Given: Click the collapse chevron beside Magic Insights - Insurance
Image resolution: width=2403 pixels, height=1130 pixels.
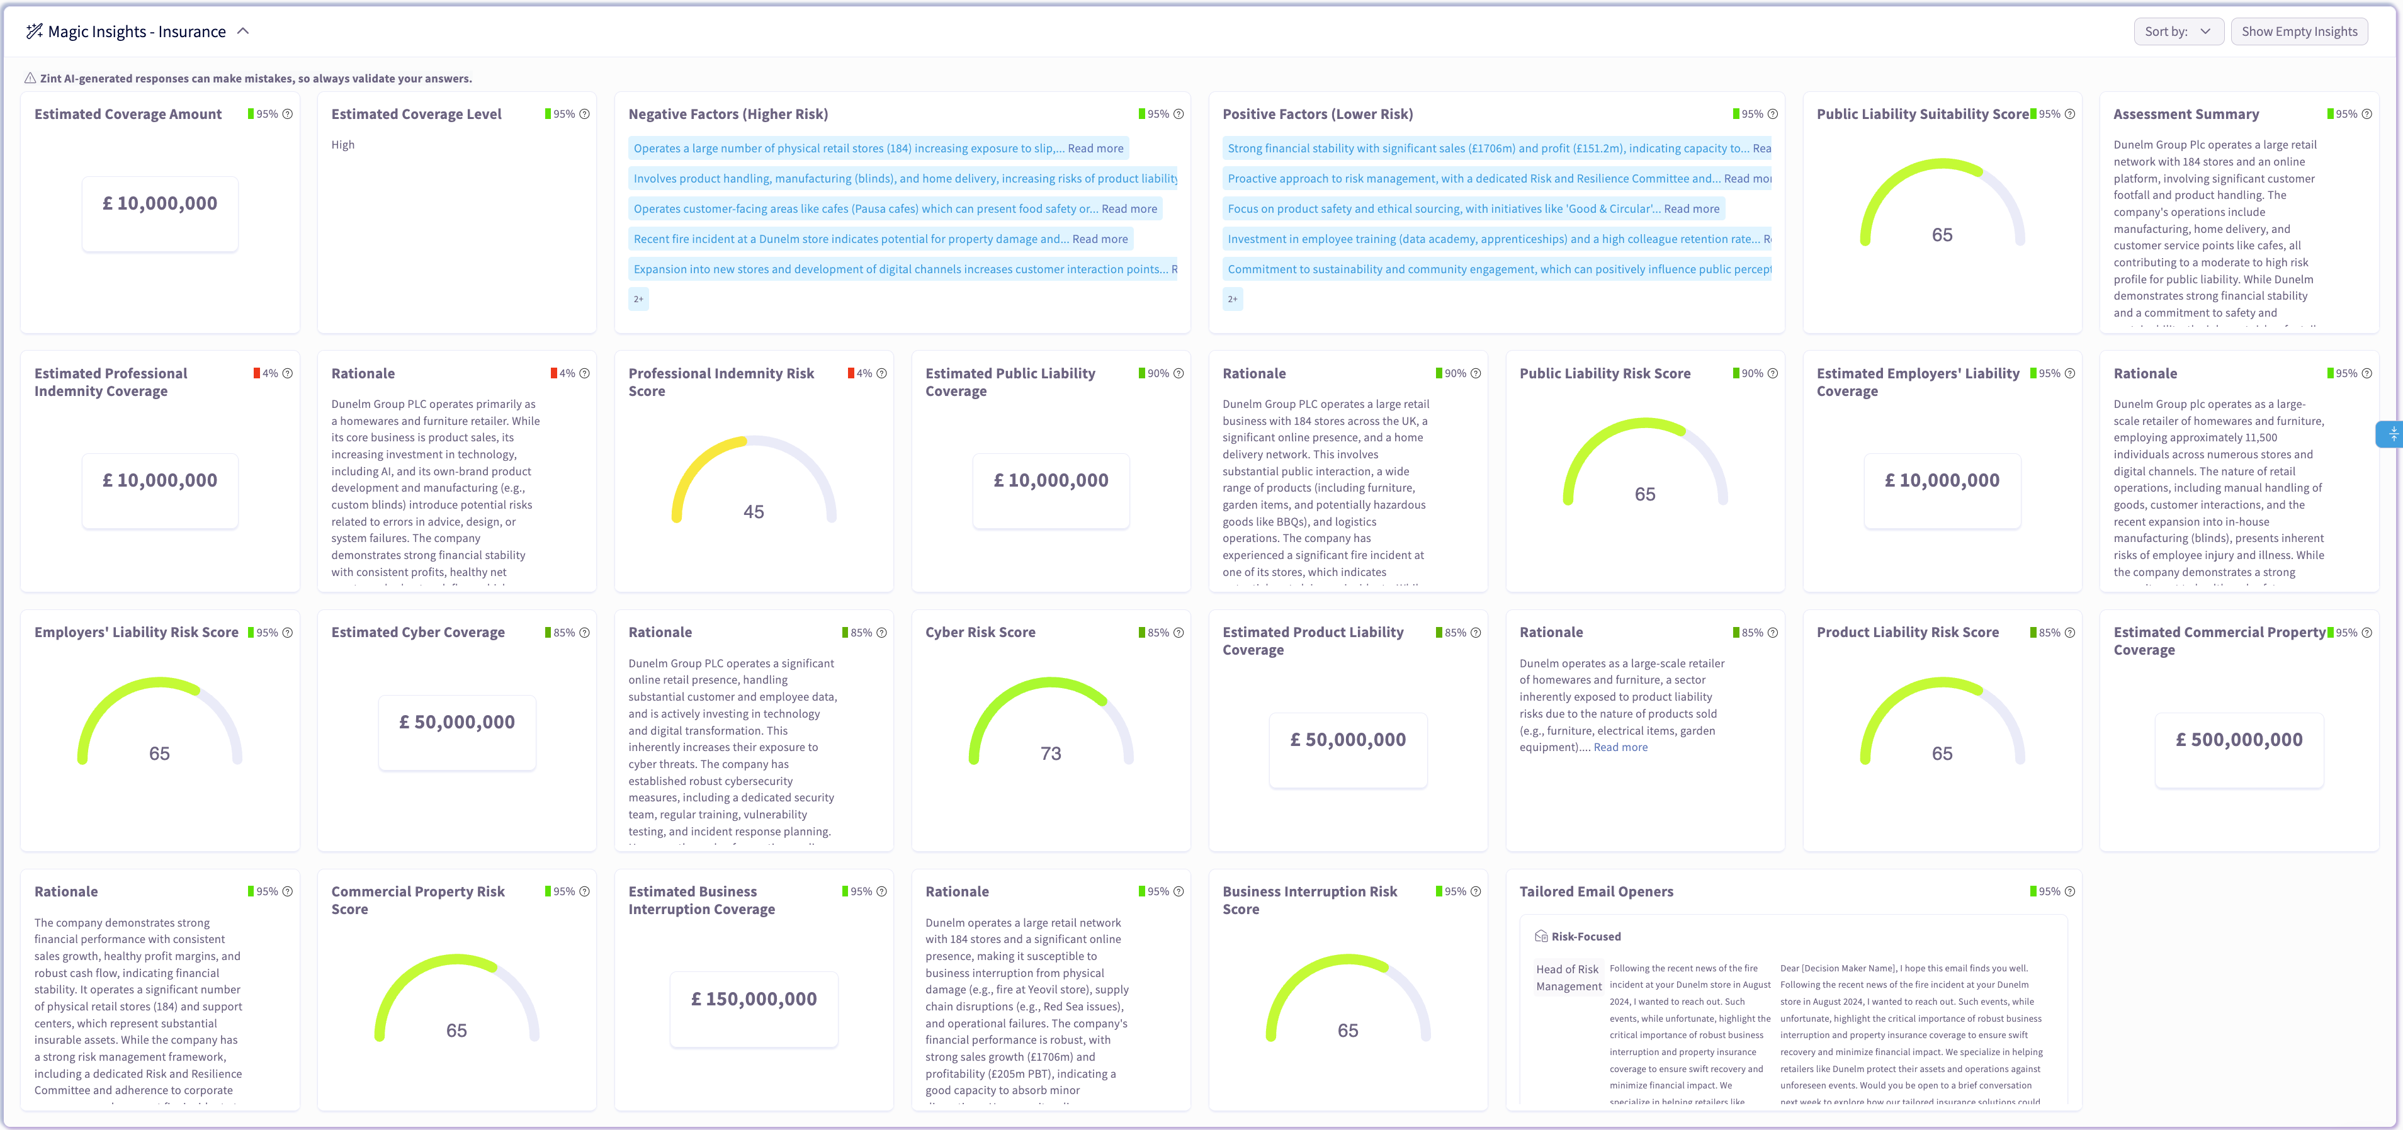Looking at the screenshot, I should click(x=244, y=31).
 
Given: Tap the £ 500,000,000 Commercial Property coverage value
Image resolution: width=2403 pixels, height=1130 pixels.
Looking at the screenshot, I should click(x=2239, y=740).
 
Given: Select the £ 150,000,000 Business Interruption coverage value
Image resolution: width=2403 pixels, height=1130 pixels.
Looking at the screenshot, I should click(x=754, y=999).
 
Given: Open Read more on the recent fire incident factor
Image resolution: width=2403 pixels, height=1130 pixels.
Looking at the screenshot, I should click(x=1100, y=239).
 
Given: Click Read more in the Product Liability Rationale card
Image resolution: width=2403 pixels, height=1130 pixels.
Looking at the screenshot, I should click(x=1620, y=747).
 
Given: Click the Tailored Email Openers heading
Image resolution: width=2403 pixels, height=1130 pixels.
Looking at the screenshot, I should click(x=1596, y=892).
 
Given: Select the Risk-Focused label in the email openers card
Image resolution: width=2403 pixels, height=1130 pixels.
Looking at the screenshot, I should click(x=1586, y=937).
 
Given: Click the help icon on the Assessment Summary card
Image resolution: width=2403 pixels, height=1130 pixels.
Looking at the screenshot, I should click(x=2366, y=115).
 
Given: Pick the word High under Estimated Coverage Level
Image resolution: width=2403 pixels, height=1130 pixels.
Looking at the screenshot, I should click(x=342, y=145).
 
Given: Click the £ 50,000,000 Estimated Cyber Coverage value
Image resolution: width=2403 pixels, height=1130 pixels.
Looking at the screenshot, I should click(x=457, y=722).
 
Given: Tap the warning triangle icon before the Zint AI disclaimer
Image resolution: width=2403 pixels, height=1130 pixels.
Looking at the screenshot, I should click(x=30, y=79).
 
